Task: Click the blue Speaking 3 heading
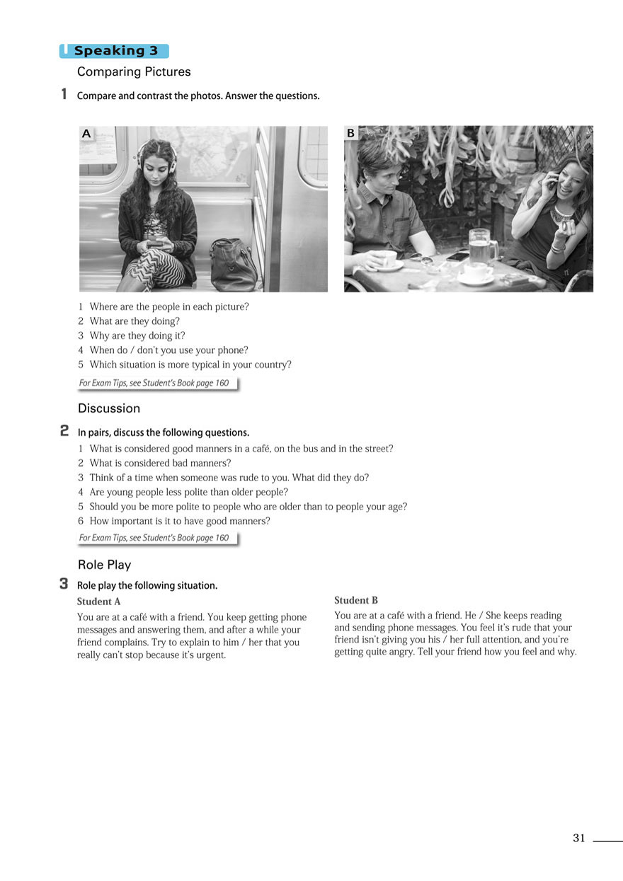click(x=115, y=51)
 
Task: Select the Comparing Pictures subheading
click(x=134, y=71)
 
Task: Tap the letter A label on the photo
click(x=86, y=134)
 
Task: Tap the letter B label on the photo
click(x=350, y=134)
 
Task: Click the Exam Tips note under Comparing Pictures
click(x=154, y=383)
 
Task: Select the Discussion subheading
click(x=109, y=408)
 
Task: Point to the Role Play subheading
click(x=105, y=565)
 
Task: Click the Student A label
click(x=98, y=601)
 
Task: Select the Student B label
click(x=356, y=600)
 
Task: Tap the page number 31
click(x=579, y=838)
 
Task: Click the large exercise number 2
click(x=64, y=430)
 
